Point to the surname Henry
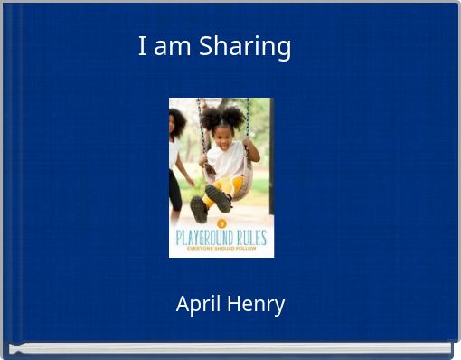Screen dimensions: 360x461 [x=256, y=305]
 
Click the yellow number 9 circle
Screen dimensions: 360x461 [x=221, y=223]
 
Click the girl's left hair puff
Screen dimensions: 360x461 [x=208, y=117]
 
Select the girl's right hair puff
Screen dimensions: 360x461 [x=237, y=115]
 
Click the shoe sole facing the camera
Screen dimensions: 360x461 [x=199, y=209]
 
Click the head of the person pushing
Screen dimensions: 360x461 [x=176, y=119]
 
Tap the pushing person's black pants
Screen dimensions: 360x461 [x=174, y=190]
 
